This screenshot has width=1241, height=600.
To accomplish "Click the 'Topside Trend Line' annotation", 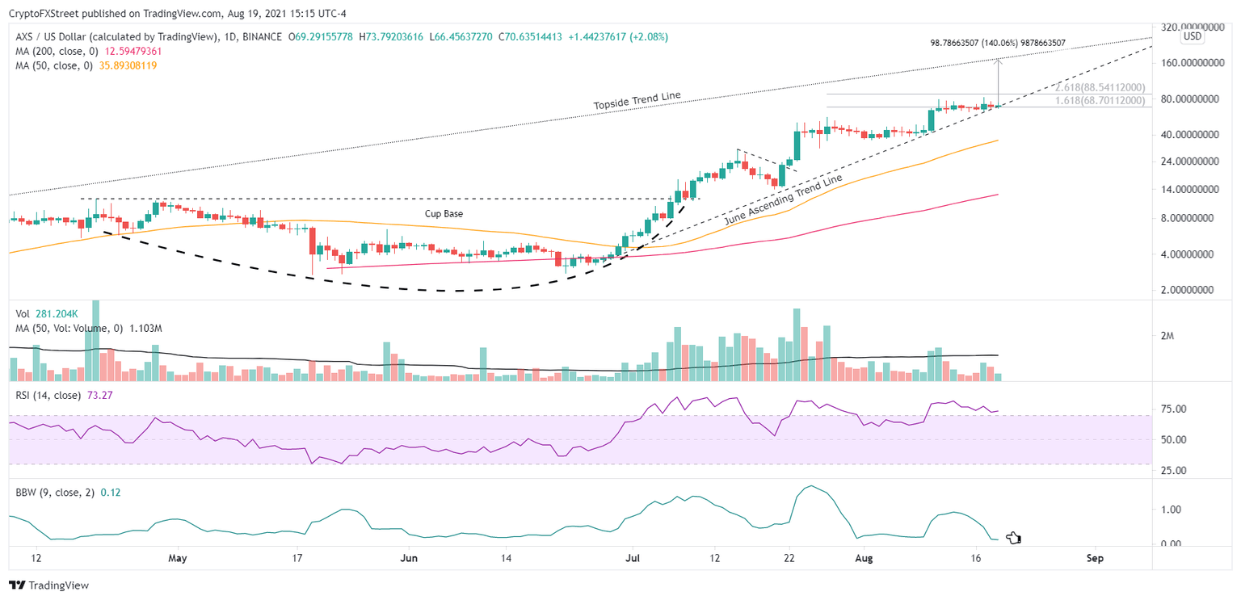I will [x=637, y=100].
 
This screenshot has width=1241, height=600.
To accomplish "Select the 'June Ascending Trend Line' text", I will [x=783, y=199].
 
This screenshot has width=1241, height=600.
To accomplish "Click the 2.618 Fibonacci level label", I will [x=1100, y=87].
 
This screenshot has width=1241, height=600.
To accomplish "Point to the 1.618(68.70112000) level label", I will [x=1100, y=101].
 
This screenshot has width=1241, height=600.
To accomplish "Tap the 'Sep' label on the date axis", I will [x=1095, y=558].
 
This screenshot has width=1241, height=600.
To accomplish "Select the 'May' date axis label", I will [x=178, y=558].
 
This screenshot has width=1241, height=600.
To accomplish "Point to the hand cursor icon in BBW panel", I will [x=1013, y=538].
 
